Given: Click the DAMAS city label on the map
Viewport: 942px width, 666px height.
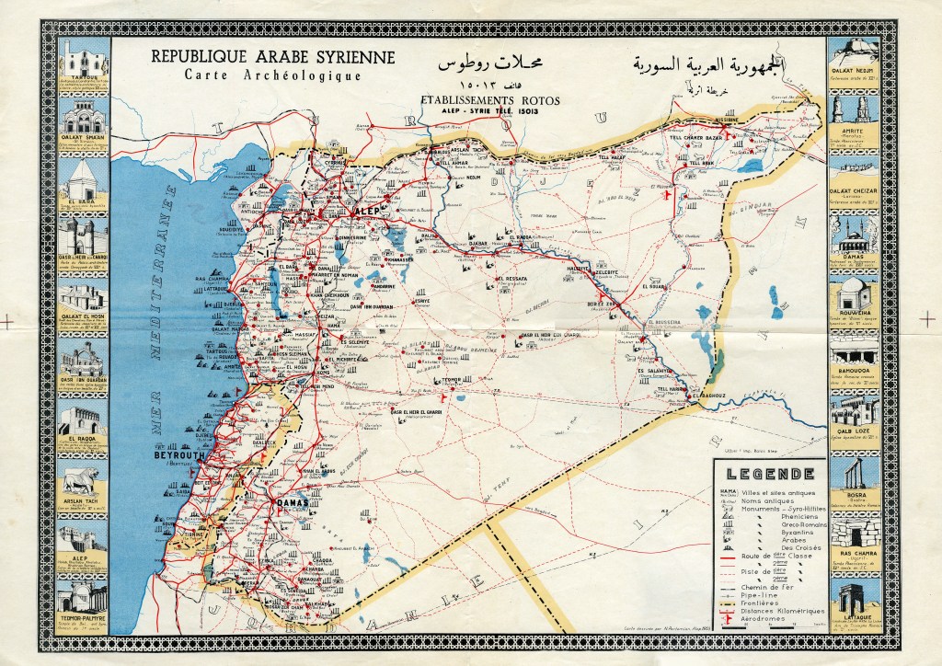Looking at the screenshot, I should pos(292,504).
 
